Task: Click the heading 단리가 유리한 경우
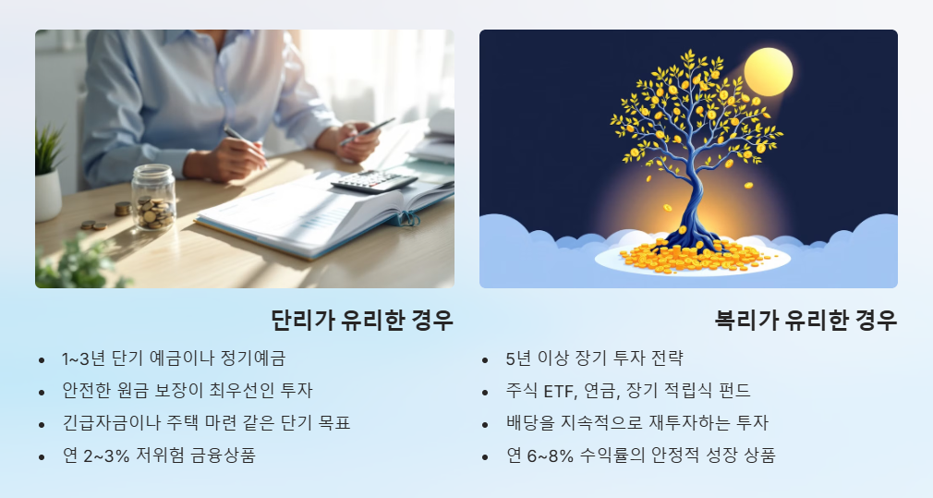[x=361, y=321]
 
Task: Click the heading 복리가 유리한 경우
[x=806, y=321]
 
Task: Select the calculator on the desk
[x=373, y=181]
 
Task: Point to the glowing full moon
[x=768, y=72]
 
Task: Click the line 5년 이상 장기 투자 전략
[x=594, y=358]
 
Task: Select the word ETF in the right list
[x=560, y=391]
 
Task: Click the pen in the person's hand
[x=238, y=137]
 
